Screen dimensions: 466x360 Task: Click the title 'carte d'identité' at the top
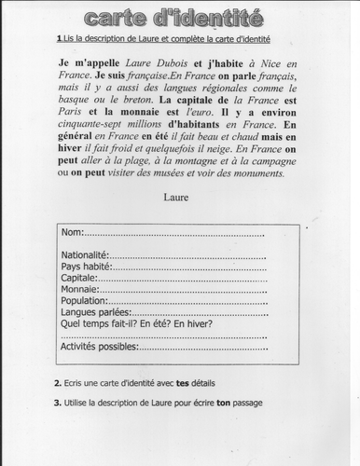[x=179, y=18]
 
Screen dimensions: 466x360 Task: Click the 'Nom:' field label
[x=72, y=231]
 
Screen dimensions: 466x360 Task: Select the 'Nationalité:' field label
[x=85, y=254]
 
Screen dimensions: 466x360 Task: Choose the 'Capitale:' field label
[x=78, y=277]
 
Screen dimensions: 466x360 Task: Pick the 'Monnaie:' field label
[x=78, y=289]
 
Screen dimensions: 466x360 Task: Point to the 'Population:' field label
[x=83, y=300]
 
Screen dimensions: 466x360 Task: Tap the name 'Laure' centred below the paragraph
[x=176, y=197]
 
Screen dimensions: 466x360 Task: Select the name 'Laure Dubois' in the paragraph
[x=159, y=60]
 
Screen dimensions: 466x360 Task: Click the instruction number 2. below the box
[x=57, y=384]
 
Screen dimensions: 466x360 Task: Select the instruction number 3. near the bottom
[x=57, y=402]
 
